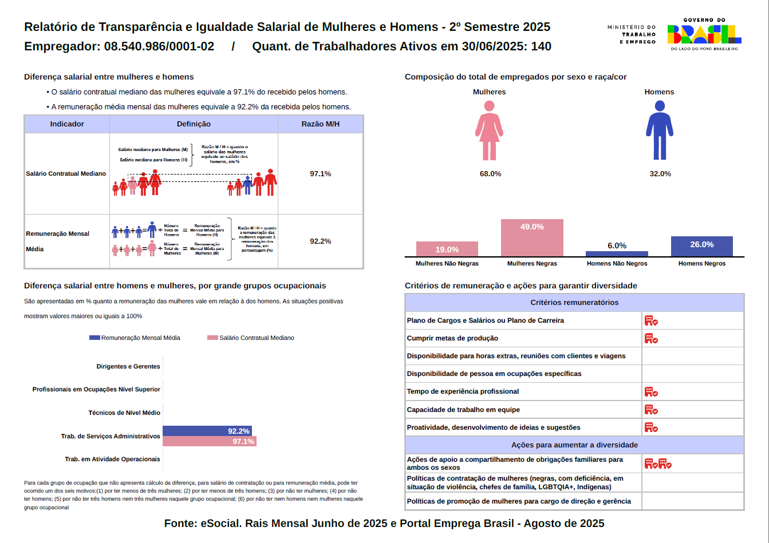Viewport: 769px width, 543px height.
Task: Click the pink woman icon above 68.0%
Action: pyautogui.click(x=489, y=130)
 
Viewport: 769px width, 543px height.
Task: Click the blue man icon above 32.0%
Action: pyautogui.click(x=660, y=130)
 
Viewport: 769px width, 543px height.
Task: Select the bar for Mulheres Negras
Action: pyautogui.click(x=532, y=238)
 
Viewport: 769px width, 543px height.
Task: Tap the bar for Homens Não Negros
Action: pyautogui.click(x=617, y=253)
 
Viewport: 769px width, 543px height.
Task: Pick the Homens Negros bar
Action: pyautogui.click(x=701, y=247)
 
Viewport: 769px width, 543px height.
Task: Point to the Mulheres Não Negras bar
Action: pyautogui.click(x=447, y=249)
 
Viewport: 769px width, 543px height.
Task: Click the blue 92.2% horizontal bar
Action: pyautogui.click(x=207, y=431)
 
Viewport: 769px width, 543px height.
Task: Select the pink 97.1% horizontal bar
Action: pyautogui.click(x=209, y=442)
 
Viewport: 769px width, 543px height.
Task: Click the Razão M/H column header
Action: pyautogui.click(x=320, y=124)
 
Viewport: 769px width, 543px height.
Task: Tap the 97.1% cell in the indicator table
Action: pyautogui.click(x=320, y=173)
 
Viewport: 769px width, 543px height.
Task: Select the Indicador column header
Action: pyautogui.click(x=67, y=124)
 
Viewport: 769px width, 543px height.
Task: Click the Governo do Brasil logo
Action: pyautogui.click(x=704, y=34)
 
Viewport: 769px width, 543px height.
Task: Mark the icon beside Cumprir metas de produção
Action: pyautogui.click(x=651, y=338)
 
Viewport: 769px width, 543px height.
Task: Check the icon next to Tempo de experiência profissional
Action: pyautogui.click(x=651, y=392)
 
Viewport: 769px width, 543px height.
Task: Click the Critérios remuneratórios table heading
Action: pyautogui.click(x=574, y=303)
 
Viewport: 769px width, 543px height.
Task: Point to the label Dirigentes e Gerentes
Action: pyautogui.click(x=128, y=366)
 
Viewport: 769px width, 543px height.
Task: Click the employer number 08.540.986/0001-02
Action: pyautogui.click(x=159, y=46)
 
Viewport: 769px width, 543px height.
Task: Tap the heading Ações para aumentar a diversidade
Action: pyautogui.click(x=574, y=445)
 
